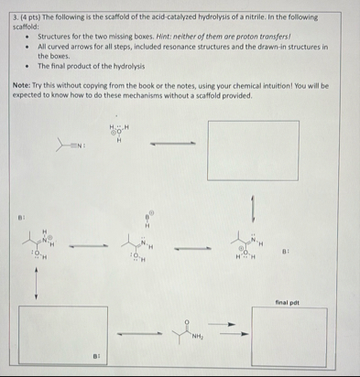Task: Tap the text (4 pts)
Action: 31,17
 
